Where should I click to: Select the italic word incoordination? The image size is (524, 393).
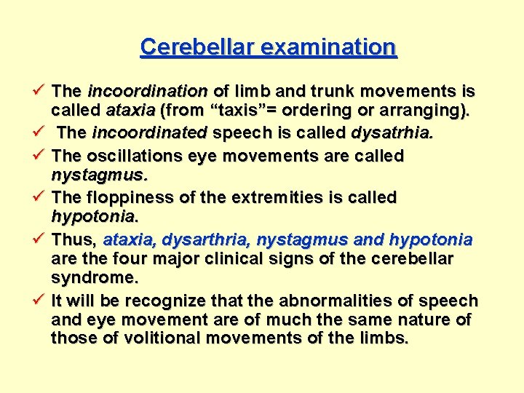(x=148, y=92)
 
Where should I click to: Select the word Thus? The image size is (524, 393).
(x=75, y=239)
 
